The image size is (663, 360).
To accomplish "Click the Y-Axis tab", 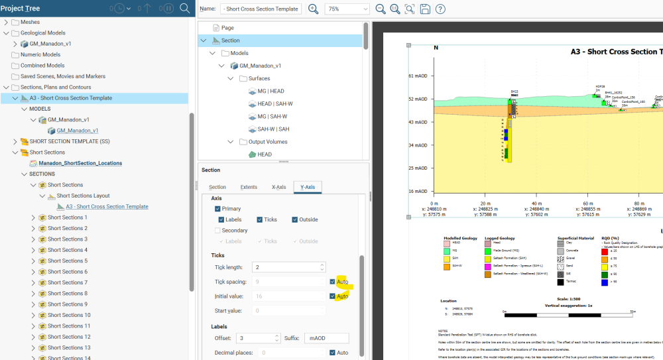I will point(308,187).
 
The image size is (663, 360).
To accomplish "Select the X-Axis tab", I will point(278,187).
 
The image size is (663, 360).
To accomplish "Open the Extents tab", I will point(249,187).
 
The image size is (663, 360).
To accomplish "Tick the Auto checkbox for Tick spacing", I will point(333,282).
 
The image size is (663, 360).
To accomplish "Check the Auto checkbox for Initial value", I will point(333,296).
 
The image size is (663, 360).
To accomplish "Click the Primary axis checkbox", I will point(218,209).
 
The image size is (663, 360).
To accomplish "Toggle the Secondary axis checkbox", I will point(218,231).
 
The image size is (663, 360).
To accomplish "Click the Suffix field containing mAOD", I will point(326,338).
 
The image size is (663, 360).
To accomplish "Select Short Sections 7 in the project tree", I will point(67,282).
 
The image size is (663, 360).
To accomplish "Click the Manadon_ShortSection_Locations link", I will point(80,163).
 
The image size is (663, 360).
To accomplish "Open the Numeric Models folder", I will point(40,55).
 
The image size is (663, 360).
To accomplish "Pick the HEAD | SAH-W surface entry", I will point(274,103).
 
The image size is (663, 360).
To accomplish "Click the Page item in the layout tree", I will point(227,28).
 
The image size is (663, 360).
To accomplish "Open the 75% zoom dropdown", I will point(347,9).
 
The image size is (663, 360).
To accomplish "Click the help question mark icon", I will point(440,9).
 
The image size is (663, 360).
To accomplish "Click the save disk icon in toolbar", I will point(425,9).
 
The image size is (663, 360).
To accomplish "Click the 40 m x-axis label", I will point(511,204).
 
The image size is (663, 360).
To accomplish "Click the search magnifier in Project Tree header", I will point(185,9).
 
